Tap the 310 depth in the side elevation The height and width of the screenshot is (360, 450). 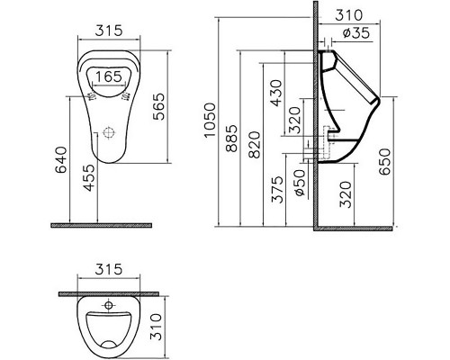(x=353, y=14)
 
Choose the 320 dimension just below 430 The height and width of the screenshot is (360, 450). (x=294, y=121)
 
